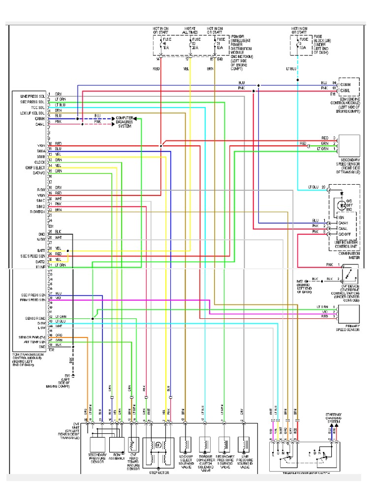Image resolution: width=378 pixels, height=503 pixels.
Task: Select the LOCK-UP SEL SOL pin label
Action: click(x=33, y=113)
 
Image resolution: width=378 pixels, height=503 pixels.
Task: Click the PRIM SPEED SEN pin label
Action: click(x=33, y=299)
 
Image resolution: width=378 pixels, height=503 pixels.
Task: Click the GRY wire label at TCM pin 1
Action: click(x=58, y=94)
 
